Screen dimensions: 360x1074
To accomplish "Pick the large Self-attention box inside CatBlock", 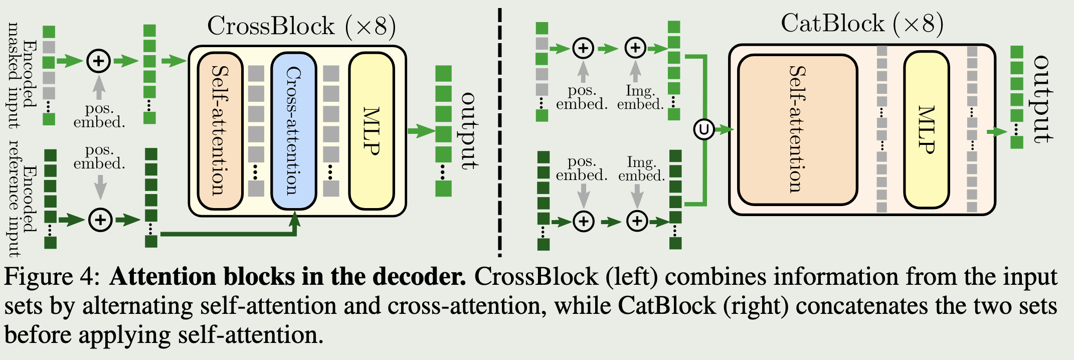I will (x=797, y=129).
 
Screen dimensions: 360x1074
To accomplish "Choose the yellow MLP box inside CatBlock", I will (x=926, y=129).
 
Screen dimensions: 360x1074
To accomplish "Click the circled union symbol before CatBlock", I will (x=703, y=129).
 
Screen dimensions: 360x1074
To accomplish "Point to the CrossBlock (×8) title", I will (x=301, y=26).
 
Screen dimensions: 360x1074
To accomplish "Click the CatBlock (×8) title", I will (x=862, y=23).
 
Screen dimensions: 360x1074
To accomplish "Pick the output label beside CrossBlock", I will (x=469, y=130).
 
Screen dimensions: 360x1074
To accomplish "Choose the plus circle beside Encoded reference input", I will (x=100, y=220).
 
